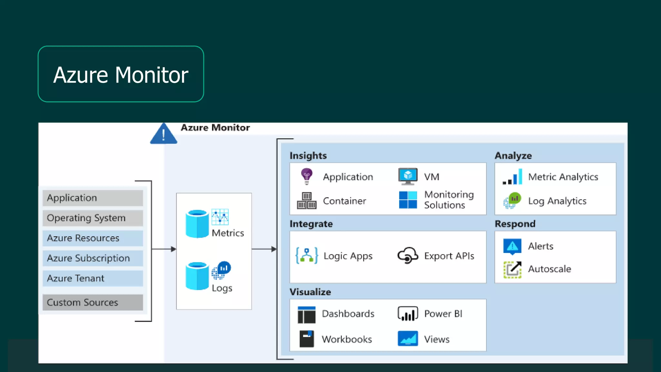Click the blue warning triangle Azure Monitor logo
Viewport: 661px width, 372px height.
coord(164,134)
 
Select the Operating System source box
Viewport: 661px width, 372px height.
coord(93,218)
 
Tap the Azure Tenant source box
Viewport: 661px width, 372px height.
coord(93,278)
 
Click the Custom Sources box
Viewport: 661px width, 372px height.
coord(93,303)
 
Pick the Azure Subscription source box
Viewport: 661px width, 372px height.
coord(93,258)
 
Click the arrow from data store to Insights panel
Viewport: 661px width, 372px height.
coord(264,249)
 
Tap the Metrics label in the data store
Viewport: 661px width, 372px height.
coord(228,233)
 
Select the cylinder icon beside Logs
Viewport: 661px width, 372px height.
coord(197,276)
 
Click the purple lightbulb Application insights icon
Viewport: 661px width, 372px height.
coord(307,176)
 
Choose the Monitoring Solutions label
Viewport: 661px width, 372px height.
coord(449,200)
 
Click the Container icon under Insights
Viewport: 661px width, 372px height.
coord(307,201)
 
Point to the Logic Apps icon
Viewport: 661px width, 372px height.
coord(307,256)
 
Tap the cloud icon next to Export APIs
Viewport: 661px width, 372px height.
coord(408,256)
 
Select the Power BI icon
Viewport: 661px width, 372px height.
coord(408,314)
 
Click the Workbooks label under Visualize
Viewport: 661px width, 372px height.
coord(347,339)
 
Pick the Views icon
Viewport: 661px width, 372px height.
coord(408,339)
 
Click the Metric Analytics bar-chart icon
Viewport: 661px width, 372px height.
coord(513,177)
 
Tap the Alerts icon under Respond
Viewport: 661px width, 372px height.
coord(512,246)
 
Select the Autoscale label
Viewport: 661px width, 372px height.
coord(549,269)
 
